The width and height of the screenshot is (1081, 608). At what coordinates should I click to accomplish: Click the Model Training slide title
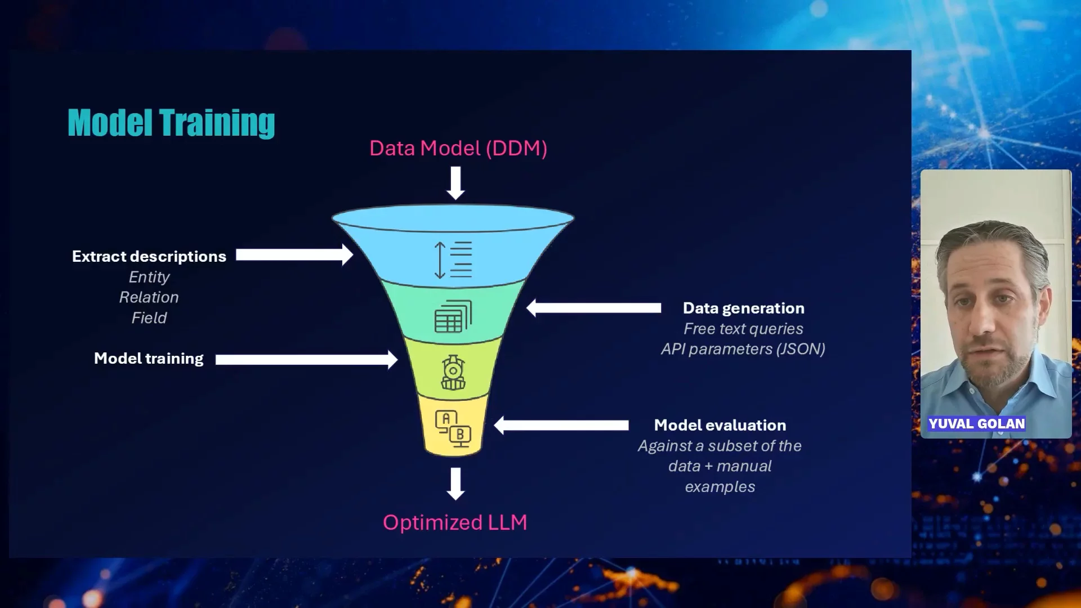[171, 123]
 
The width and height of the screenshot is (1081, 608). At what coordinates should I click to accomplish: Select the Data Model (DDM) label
[458, 149]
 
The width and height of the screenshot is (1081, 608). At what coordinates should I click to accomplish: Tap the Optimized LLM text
[455, 522]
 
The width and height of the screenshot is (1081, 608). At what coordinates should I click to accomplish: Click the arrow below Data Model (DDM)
[455, 184]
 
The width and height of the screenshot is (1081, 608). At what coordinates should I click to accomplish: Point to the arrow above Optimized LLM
[455, 484]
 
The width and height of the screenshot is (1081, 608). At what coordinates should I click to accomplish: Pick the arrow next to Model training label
[306, 359]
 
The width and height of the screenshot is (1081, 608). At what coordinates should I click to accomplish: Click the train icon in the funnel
[453, 372]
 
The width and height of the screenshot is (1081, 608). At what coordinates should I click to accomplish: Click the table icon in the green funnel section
[453, 316]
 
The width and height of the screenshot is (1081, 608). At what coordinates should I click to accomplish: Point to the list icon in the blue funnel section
[453, 260]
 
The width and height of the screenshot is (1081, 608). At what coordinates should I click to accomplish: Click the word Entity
[149, 277]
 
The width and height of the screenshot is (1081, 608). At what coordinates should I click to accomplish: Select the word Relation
[149, 297]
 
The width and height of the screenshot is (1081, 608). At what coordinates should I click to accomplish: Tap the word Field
[149, 318]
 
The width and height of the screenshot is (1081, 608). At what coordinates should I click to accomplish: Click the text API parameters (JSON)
[743, 349]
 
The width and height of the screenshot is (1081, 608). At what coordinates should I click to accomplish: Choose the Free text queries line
[743, 329]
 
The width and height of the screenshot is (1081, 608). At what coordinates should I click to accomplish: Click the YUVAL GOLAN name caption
[977, 424]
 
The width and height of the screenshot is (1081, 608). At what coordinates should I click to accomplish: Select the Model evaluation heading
[720, 425]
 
